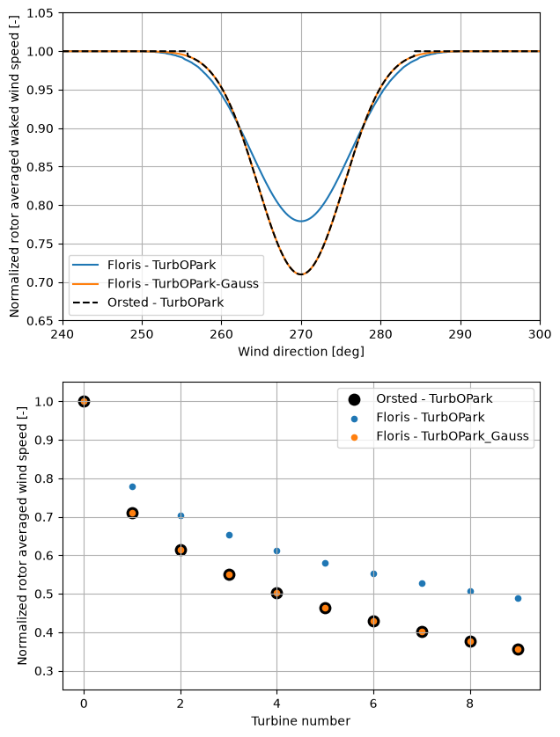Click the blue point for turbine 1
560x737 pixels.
(x=132, y=486)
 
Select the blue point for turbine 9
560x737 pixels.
(x=518, y=598)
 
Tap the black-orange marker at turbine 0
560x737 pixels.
(x=84, y=401)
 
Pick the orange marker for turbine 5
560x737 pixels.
(x=325, y=609)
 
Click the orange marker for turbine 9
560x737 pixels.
(x=518, y=650)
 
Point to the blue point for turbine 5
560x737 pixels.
(x=325, y=563)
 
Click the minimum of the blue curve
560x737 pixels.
(x=301, y=221)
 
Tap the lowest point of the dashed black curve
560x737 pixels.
(x=301, y=274)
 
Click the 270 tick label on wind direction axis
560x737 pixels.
(x=301, y=334)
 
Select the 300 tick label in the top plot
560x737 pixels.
(x=540, y=334)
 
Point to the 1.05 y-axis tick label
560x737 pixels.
(x=40, y=13)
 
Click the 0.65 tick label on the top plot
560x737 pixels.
(x=40, y=322)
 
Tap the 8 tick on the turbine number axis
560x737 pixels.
(x=470, y=704)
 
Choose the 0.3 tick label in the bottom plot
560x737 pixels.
(x=44, y=671)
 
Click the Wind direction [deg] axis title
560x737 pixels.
(x=301, y=352)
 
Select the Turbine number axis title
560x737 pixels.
(x=301, y=721)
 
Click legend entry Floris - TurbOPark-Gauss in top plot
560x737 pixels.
(x=183, y=283)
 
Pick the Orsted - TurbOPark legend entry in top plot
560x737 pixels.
(x=166, y=303)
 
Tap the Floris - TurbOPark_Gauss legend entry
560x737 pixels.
(x=453, y=436)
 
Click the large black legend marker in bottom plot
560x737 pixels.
(x=354, y=399)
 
